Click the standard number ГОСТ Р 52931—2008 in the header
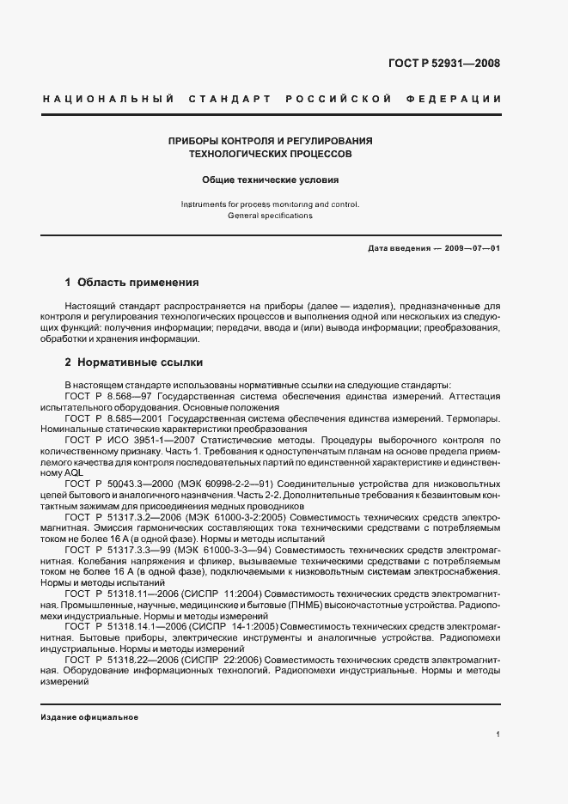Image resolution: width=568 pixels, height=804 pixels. point(444,63)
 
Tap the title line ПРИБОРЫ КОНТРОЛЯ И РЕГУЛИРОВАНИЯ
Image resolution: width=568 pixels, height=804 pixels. point(271,140)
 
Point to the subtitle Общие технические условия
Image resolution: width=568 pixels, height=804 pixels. point(271,180)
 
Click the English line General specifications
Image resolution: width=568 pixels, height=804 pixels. point(270,216)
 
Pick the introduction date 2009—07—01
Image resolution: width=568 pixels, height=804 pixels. point(472,247)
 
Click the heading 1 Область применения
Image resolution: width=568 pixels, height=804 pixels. point(132,282)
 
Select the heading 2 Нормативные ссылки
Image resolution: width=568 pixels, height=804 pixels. point(134,362)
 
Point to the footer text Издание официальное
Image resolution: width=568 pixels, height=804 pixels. point(89,716)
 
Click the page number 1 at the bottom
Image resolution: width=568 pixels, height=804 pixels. point(498,734)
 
